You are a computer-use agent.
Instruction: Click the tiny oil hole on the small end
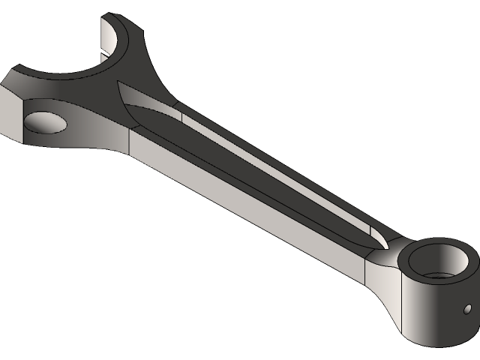pyautogui.click(x=467, y=308)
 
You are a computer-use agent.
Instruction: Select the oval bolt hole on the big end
pyautogui.click(x=44, y=122)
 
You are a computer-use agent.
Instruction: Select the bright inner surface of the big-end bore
pyautogui.click(x=110, y=41)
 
